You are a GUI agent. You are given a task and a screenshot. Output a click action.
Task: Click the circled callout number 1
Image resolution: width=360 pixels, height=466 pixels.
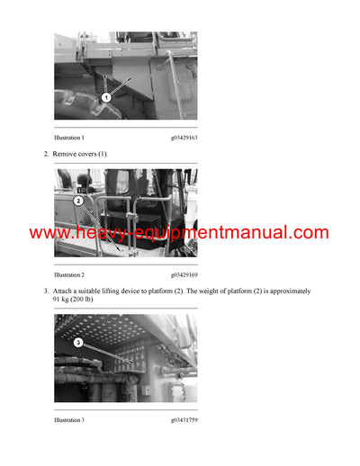coord(106,96)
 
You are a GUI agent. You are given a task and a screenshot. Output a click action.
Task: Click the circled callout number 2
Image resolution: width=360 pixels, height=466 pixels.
coord(78,202)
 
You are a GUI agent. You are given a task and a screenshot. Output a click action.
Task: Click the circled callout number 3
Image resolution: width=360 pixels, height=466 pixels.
coord(78,343)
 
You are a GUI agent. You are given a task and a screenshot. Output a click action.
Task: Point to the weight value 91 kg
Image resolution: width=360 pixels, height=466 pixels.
coord(63,300)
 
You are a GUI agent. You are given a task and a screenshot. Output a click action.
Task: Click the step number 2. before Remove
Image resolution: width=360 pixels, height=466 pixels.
coord(46,155)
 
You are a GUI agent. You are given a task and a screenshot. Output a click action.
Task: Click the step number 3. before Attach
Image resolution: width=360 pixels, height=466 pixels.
coord(46,291)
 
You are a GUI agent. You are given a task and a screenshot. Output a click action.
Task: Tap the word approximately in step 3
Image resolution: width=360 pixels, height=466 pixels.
coord(288,291)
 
